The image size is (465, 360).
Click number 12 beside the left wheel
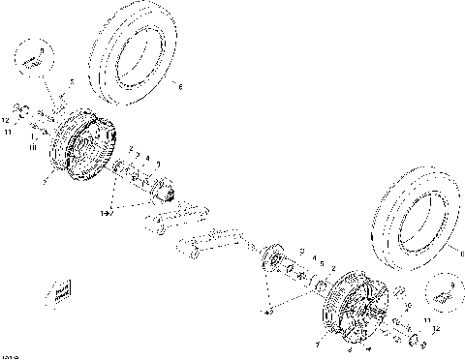(x=5, y=120)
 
